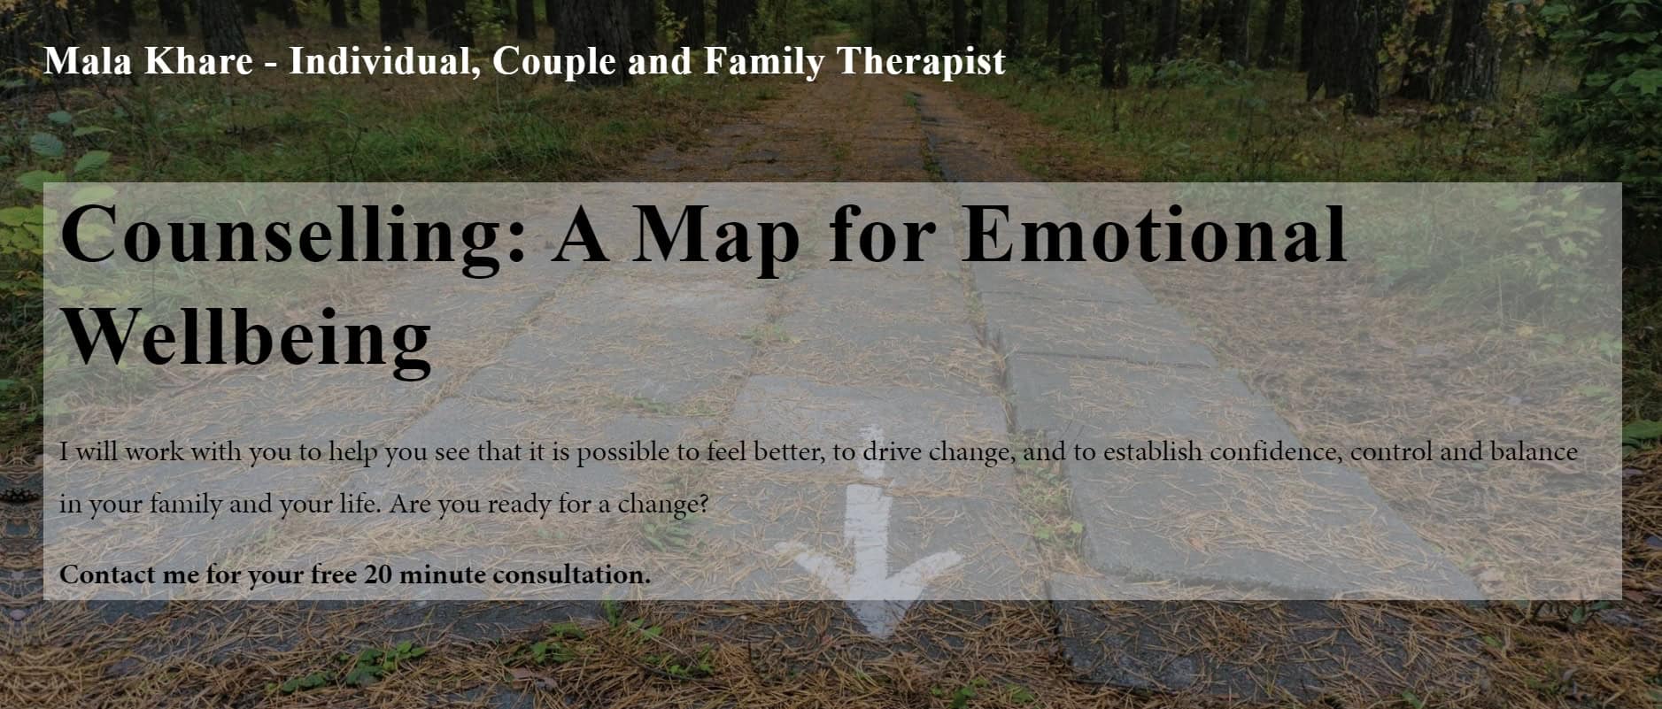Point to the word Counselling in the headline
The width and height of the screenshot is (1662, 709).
pos(293,235)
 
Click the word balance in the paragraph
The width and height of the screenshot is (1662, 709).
pos(1533,451)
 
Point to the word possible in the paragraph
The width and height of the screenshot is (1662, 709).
pos(622,452)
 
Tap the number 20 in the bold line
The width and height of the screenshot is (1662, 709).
pos(378,574)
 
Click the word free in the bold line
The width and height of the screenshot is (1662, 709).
pos(334,574)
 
